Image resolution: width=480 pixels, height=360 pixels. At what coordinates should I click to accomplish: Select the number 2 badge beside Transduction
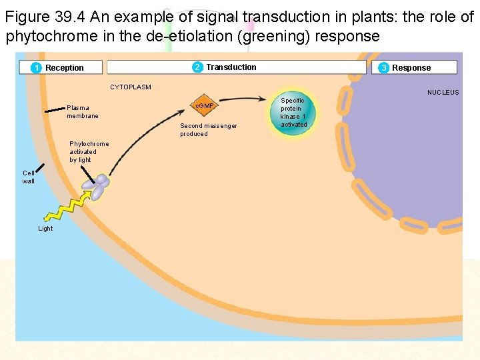coord(197,67)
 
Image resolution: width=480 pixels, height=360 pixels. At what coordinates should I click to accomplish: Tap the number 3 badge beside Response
coord(384,67)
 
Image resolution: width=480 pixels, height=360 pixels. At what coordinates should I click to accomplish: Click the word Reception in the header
coord(65,67)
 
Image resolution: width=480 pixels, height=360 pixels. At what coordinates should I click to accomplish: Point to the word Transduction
coord(231,67)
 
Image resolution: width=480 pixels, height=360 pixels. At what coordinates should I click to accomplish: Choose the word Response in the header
coord(411,67)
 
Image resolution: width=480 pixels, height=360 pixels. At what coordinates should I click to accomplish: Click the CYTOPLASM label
coord(131,87)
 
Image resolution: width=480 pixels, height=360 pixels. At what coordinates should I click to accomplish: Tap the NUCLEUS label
coord(443,92)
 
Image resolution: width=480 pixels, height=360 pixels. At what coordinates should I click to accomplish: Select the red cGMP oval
coord(204,106)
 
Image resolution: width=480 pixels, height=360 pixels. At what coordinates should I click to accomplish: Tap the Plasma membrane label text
coord(82,111)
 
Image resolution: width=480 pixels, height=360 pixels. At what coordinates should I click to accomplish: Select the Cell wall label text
coord(29,177)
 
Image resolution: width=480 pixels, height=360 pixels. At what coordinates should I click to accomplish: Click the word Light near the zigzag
coord(45,229)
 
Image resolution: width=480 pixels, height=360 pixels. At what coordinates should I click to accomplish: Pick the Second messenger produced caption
coord(208,129)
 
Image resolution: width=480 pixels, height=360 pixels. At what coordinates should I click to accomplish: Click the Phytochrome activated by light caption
coord(89,151)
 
